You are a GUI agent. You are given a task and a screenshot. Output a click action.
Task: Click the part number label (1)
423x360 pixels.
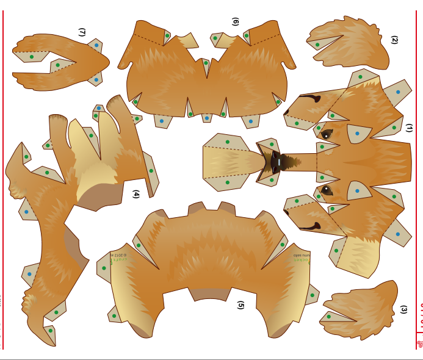tap(409, 128)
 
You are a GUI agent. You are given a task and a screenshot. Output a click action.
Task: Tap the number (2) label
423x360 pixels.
tap(394, 40)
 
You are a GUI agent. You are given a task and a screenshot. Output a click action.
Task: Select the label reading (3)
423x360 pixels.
tap(403, 309)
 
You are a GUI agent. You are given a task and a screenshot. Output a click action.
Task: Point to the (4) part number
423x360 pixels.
tap(136, 194)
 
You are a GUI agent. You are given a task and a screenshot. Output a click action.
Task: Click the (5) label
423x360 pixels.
tap(240, 304)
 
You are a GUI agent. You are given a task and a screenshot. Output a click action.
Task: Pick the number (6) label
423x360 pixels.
tap(235, 21)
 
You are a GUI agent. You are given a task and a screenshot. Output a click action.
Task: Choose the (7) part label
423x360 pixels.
tap(82, 32)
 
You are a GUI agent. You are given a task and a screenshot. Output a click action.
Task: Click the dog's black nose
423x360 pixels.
tap(275, 162)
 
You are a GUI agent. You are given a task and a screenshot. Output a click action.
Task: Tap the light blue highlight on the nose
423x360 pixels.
tap(279, 162)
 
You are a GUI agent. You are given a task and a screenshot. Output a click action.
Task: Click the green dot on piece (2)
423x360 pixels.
tap(317, 45)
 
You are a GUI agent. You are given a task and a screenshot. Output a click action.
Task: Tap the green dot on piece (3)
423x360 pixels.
tap(328, 316)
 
